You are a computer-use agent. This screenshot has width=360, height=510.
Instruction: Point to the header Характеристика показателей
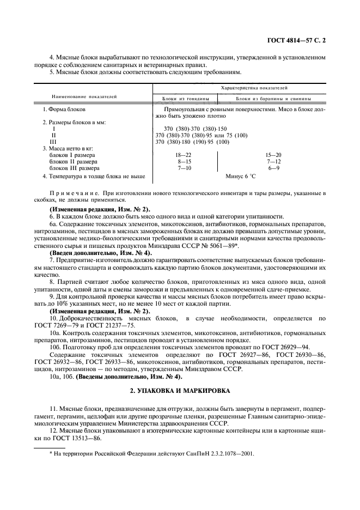[253, 87]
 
